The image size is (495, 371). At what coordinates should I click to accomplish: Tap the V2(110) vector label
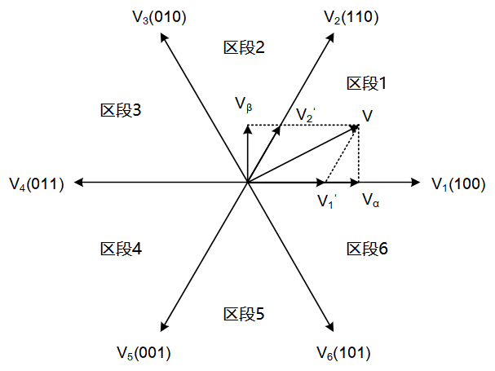pyautogui.click(x=350, y=17)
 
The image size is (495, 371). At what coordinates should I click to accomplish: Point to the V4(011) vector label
pyautogui.click(x=37, y=183)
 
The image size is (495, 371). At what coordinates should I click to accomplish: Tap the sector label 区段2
pyautogui.click(x=244, y=47)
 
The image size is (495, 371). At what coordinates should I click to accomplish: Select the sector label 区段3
pyautogui.click(x=122, y=109)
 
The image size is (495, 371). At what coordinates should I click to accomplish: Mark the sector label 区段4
pyautogui.click(x=122, y=249)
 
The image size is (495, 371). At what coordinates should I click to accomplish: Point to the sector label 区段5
pyautogui.click(x=244, y=313)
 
